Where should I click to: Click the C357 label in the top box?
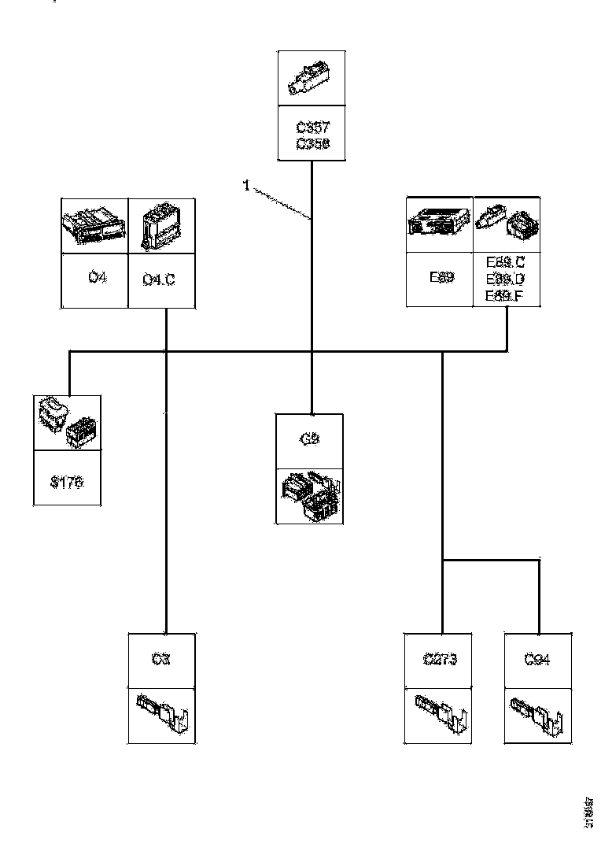coord(313,128)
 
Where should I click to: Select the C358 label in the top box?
coord(313,143)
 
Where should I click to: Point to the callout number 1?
coord(246,186)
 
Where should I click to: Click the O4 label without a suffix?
coord(95,278)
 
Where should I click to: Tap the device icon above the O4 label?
coord(94,225)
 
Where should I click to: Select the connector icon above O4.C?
coord(161,225)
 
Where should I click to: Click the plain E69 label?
coord(440,278)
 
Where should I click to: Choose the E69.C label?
coord(504,263)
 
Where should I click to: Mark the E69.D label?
coord(504,279)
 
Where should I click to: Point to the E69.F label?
coord(504,295)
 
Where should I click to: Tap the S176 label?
coord(67,482)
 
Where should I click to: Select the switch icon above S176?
coord(67,424)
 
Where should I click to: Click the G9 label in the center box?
coord(309,439)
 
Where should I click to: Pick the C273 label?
coord(439,660)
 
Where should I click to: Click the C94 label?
coord(537,660)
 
